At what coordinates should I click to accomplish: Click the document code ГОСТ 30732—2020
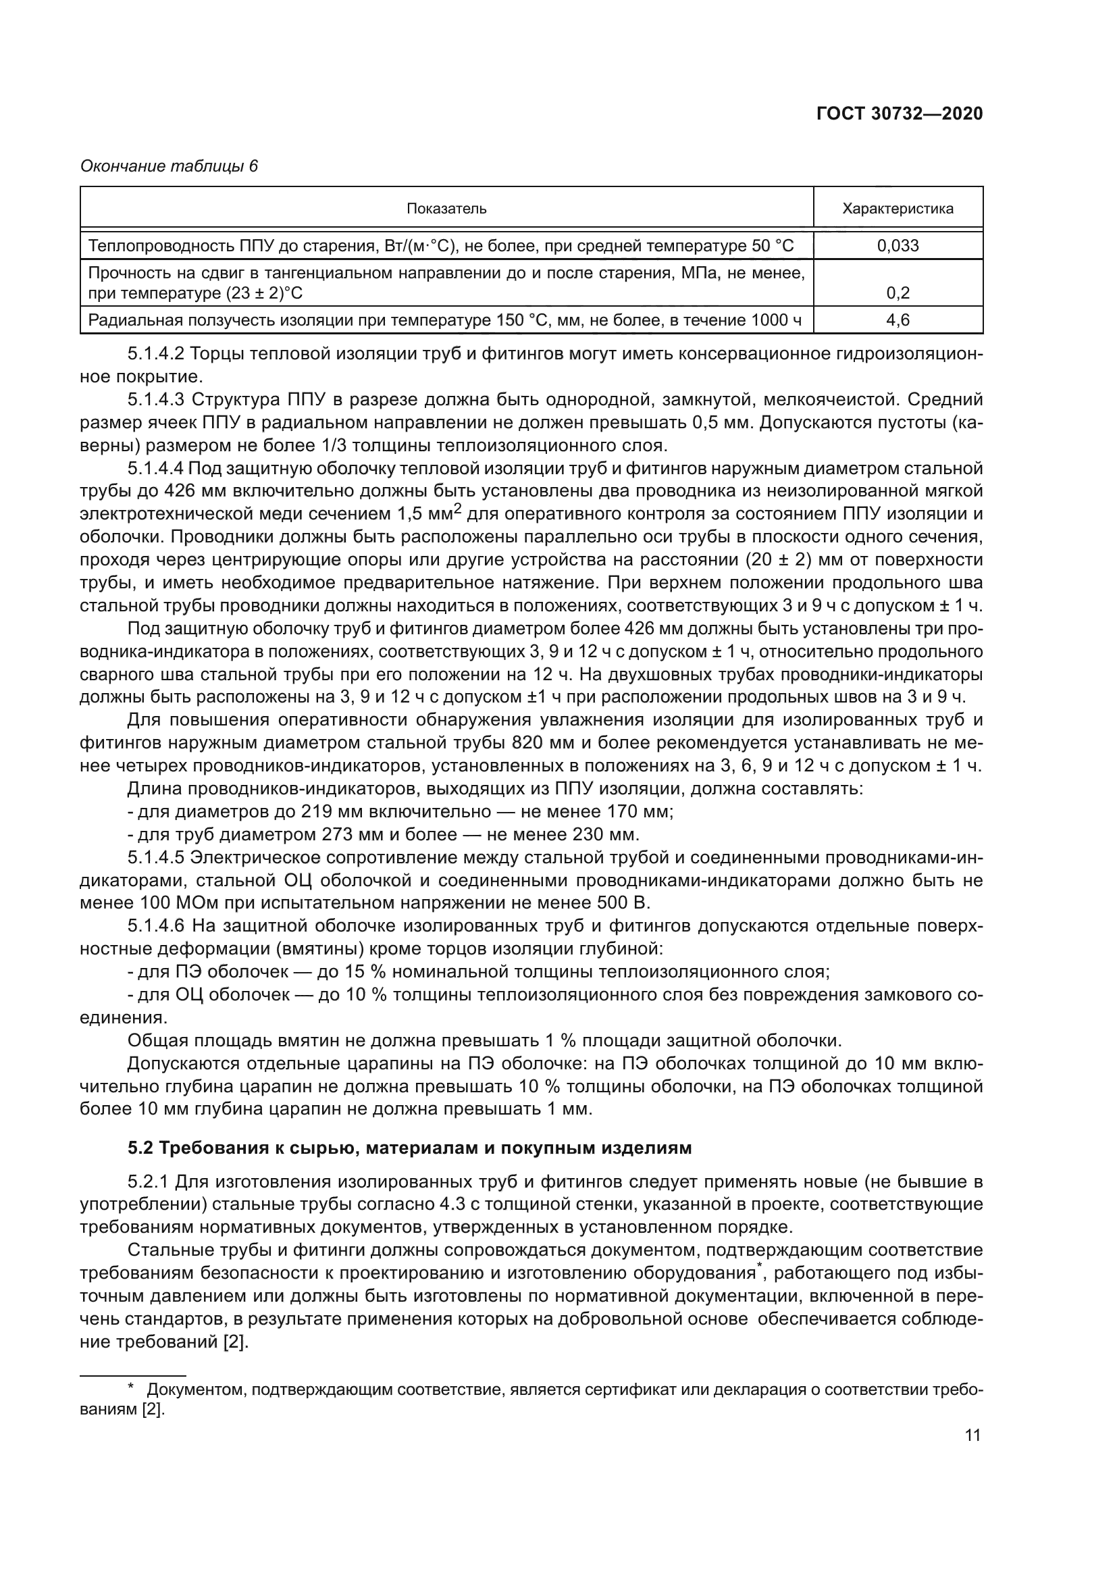click(899, 114)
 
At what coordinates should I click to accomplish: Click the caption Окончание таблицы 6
click(170, 167)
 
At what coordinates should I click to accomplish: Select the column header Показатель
click(446, 209)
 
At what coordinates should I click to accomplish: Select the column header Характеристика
click(898, 209)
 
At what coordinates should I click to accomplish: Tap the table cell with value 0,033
click(898, 246)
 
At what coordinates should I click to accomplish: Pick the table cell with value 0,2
click(898, 293)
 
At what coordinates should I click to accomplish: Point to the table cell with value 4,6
click(898, 320)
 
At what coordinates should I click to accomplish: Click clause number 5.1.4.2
click(156, 355)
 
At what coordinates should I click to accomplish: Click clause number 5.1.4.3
click(156, 400)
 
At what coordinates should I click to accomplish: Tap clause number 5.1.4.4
click(156, 469)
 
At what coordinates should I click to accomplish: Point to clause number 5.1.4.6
click(156, 926)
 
